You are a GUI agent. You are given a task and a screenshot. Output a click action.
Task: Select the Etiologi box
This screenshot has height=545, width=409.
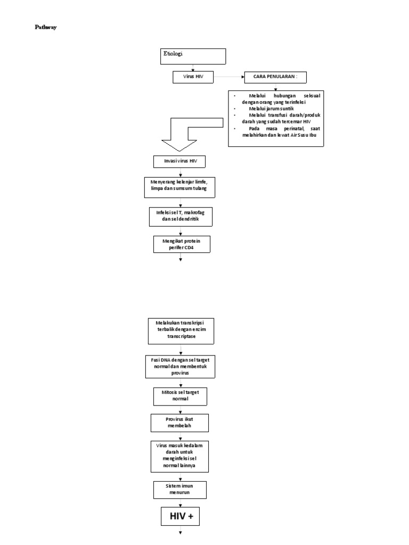pos(194,56)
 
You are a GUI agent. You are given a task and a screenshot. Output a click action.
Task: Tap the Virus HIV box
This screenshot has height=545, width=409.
pos(193,77)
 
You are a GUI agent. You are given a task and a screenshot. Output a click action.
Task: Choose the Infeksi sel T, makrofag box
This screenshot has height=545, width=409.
pos(181,215)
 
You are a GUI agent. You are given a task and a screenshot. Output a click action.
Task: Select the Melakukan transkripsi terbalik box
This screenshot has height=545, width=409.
pos(181,331)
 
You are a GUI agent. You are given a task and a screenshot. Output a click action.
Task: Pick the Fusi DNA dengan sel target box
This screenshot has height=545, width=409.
pos(181,367)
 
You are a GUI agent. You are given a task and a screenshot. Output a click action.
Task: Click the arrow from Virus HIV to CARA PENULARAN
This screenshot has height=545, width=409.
pos(229,77)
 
